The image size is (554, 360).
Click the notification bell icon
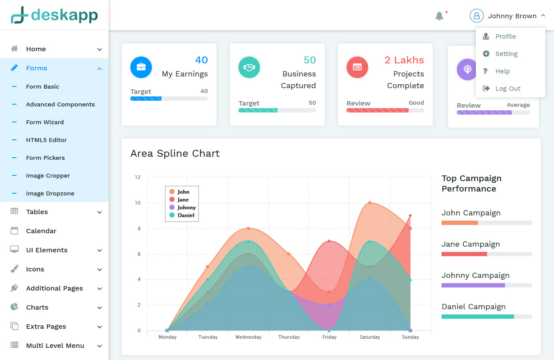[x=439, y=16]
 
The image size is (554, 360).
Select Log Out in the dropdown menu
[x=508, y=89]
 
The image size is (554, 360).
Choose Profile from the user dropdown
[x=505, y=36]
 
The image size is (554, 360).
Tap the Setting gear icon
[x=486, y=54]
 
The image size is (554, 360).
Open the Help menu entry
[x=502, y=71]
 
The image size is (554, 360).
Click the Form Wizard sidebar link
[x=45, y=122]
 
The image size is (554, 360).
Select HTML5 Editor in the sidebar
[x=46, y=140]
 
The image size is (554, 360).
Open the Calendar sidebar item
[x=41, y=231]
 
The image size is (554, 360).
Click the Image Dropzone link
[x=50, y=193]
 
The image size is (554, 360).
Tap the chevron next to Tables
[x=99, y=212]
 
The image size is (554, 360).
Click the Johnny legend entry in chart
[x=186, y=208]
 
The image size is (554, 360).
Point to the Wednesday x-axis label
[x=248, y=337]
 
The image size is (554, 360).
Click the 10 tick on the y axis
[x=138, y=203]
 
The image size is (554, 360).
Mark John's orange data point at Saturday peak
[x=370, y=203]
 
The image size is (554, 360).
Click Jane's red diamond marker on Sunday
[x=410, y=215]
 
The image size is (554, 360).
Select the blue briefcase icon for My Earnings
[x=141, y=67]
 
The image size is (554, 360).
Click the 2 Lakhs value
[x=404, y=60]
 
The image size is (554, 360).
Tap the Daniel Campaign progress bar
[x=486, y=317]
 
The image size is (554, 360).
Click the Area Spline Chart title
[x=175, y=153]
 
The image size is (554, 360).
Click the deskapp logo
[x=54, y=15]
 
